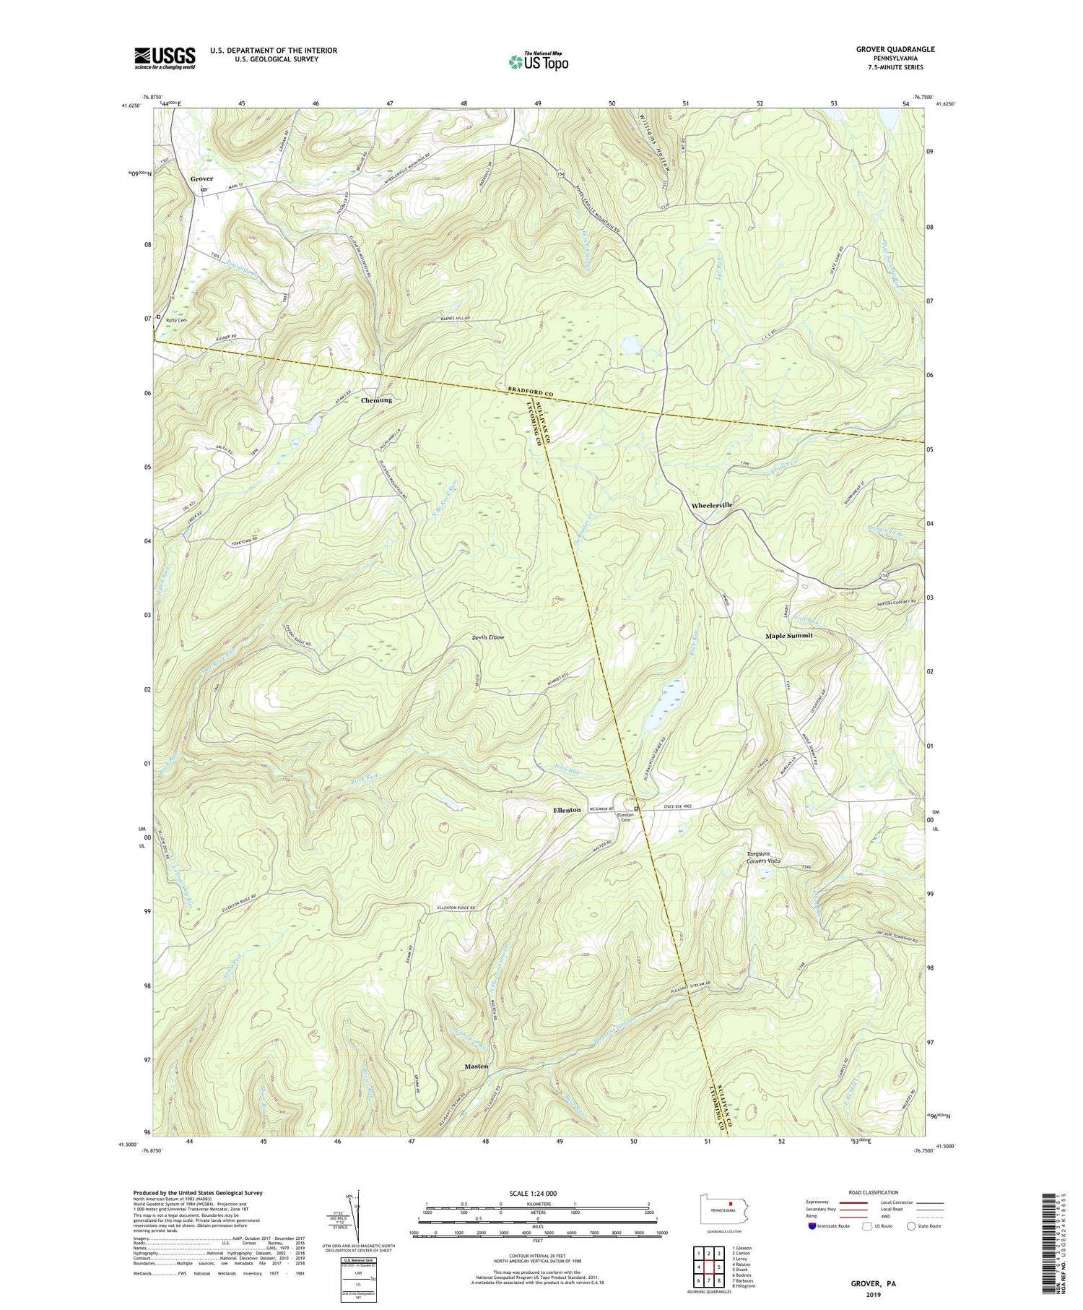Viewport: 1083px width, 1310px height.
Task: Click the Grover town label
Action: click(201, 178)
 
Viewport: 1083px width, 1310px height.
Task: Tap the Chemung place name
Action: click(376, 400)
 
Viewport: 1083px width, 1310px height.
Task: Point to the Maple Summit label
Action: click(788, 636)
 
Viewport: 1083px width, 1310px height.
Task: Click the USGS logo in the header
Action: click(165, 58)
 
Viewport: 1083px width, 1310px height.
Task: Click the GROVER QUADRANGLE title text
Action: click(892, 49)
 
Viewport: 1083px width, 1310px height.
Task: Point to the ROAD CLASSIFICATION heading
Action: click(874, 1192)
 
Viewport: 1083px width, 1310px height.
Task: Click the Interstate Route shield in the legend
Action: click(812, 1226)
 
